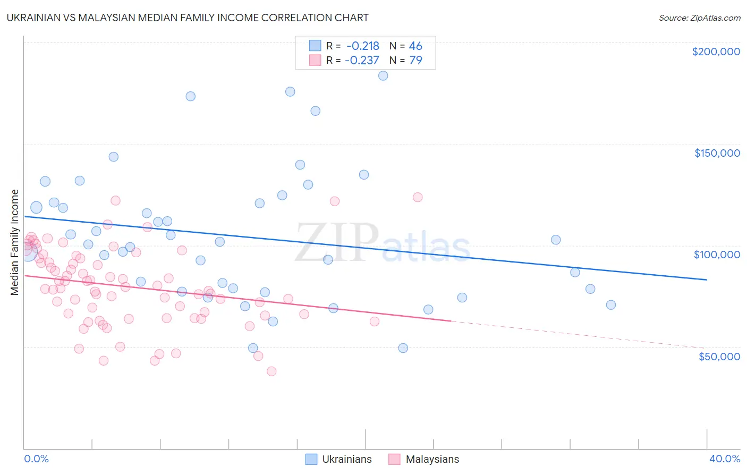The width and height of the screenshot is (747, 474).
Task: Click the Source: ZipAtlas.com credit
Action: pyautogui.click(x=699, y=18)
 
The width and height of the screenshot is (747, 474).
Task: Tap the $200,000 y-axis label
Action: pyautogui.click(x=716, y=52)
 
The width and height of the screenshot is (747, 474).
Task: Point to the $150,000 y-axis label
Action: pyautogui.click(x=717, y=153)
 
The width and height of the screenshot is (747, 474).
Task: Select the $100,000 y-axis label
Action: pyautogui.click(x=717, y=255)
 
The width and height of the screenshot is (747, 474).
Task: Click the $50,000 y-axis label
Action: pyautogui.click(x=719, y=356)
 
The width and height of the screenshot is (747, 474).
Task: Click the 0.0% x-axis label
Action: pyautogui.click(x=36, y=459)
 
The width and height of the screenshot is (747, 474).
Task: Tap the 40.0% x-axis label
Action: pyautogui.click(x=725, y=459)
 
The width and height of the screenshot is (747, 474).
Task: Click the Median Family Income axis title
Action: pyautogui.click(x=15, y=242)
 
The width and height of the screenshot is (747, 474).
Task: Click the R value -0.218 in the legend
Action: pyautogui.click(x=363, y=46)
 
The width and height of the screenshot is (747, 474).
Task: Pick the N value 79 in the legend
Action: pyautogui.click(x=415, y=61)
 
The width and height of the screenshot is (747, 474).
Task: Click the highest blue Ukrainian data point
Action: pyautogui.click(x=383, y=76)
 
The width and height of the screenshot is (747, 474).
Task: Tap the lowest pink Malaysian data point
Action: pyautogui.click(x=271, y=371)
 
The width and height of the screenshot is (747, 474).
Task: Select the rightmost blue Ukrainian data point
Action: pyautogui.click(x=611, y=305)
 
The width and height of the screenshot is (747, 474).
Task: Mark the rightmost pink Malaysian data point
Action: pyautogui.click(x=418, y=197)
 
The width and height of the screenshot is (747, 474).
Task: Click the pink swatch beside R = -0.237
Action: pyautogui.click(x=315, y=61)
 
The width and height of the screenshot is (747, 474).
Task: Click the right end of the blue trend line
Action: pyautogui.click(x=707, y=280)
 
